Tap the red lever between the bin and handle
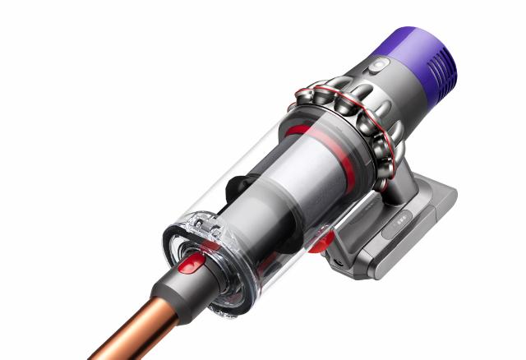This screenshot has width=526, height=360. tap(321, 239)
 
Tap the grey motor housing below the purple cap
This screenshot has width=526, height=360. tap(386, 82)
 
